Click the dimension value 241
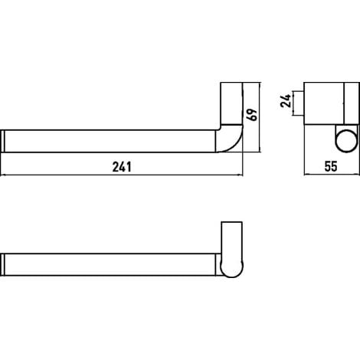pyautogui.click(x=122, y=167)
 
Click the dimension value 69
pyautogui.click(x=252, y=115)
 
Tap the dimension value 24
pyautogui.click(x=286, y=100)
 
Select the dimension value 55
pyautogui.click(x=331, y=166)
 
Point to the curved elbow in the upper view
pyautogui.click(x=229, y=139)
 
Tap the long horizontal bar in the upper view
pyautogui.click(x=110, y=141)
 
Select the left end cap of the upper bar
pyautogui.click(x=2, y=141)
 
